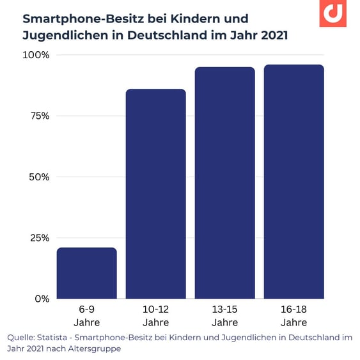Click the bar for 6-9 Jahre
[87, 273]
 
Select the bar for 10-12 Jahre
[156, 194]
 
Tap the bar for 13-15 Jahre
[225, 183]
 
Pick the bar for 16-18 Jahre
[294, 182]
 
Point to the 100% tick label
[36, 55]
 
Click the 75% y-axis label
[38, 116]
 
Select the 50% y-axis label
[38, 177]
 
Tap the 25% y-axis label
[38, 238]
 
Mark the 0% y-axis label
[42, 299]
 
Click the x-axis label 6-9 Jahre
[87, 316]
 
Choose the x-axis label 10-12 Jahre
[156, 316]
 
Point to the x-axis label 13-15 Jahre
[225, 316]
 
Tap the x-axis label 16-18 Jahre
[294, 316]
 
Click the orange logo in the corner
[333, 13]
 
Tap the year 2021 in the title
[271, 35]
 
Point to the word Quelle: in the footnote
[22, 337]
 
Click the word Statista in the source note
[56, 337]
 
